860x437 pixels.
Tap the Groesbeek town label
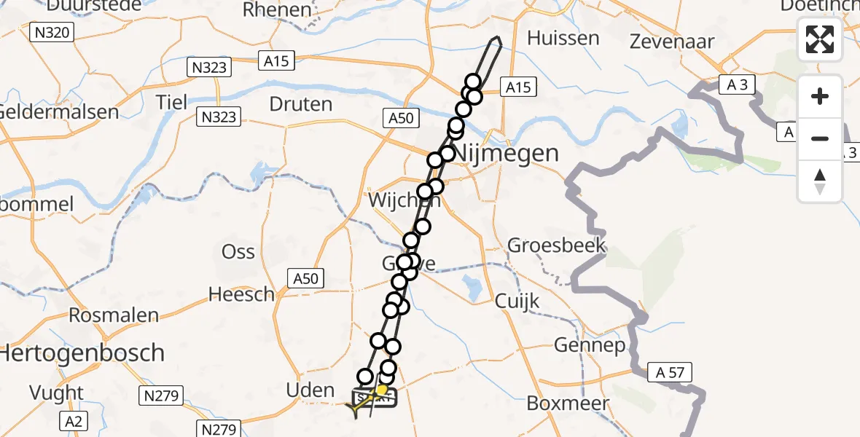pos(557,245)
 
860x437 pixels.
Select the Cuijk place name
pos(517,300)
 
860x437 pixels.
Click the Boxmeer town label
pos(562,403)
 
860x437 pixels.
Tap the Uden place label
pos(310,390)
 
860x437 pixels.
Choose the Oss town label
pos(238,252)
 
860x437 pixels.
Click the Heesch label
pos(241,294)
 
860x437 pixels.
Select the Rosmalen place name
pos(114,315)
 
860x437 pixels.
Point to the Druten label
pos(301,104)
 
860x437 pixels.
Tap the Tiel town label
pos(171,102)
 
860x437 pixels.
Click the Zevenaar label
pos(671,41)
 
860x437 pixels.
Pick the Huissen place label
pos(563,38)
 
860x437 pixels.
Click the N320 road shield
pos(52,32)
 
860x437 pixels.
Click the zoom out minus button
pos(820,138)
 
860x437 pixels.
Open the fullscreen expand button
pos(820,39)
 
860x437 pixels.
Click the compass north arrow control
pos(820,181)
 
